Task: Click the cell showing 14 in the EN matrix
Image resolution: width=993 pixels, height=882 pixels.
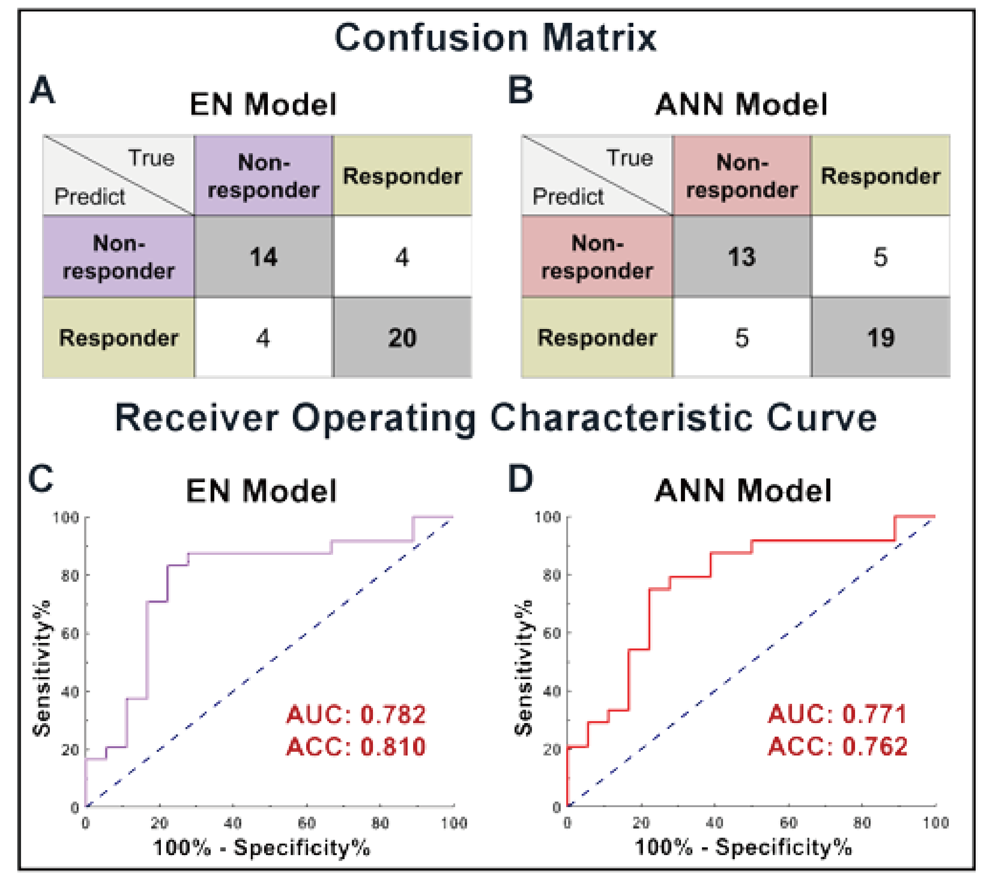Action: [x=263, y=257]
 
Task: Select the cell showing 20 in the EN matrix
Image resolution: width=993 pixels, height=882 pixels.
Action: [x=402, y=338]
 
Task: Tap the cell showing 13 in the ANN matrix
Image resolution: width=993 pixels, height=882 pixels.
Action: [x=741, y=257]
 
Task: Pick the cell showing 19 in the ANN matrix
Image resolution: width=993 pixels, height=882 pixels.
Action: [x=880, y=338]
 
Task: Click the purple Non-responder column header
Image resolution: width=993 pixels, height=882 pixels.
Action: [x=263, y=176]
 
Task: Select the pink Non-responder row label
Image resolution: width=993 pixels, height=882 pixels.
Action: [x=597, y=257]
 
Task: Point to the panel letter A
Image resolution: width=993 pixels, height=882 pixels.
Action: [x=42, y=90]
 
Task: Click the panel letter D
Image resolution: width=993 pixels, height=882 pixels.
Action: [x=520, y=479]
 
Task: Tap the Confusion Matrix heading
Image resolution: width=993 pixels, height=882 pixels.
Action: [x=495, y=38]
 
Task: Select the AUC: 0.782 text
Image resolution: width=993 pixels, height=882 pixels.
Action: [x=356, y=715]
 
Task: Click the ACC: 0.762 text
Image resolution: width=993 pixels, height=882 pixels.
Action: [x=838, y=746]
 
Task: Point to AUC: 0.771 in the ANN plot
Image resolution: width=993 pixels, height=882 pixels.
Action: [x=838, y=715]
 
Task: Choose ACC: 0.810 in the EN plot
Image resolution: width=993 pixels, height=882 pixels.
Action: [x=356, y=746]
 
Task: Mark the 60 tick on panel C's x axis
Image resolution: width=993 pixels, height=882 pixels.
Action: [x=307, y=823]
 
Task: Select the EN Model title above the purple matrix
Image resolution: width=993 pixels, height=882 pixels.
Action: [x=263, y=104]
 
